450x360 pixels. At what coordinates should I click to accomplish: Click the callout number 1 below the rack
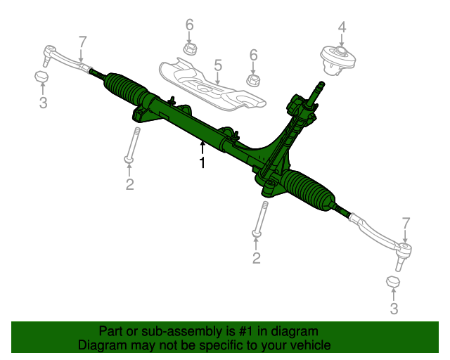click(202, 163)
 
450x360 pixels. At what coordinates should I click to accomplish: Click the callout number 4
click(342, 27)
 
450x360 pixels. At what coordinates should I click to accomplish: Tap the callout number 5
click(218, 66)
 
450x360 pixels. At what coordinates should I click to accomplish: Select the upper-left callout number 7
click(82, 41)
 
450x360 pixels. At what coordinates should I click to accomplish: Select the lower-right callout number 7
click(406, 224)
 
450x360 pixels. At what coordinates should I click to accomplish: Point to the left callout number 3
click(43, 103)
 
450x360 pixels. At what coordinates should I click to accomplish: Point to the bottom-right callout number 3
click(394, 308)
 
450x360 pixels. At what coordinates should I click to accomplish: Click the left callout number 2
click(129, 184)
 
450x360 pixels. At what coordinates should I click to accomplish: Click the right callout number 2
click(256, 258)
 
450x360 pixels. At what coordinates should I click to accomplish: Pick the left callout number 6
click(189, 25)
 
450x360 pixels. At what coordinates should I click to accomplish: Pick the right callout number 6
click(254, 55)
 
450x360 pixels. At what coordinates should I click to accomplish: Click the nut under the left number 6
click(189, 49)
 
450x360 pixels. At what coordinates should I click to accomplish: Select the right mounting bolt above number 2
click(262, 218)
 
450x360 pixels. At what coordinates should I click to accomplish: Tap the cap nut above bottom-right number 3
click(394, 282)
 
